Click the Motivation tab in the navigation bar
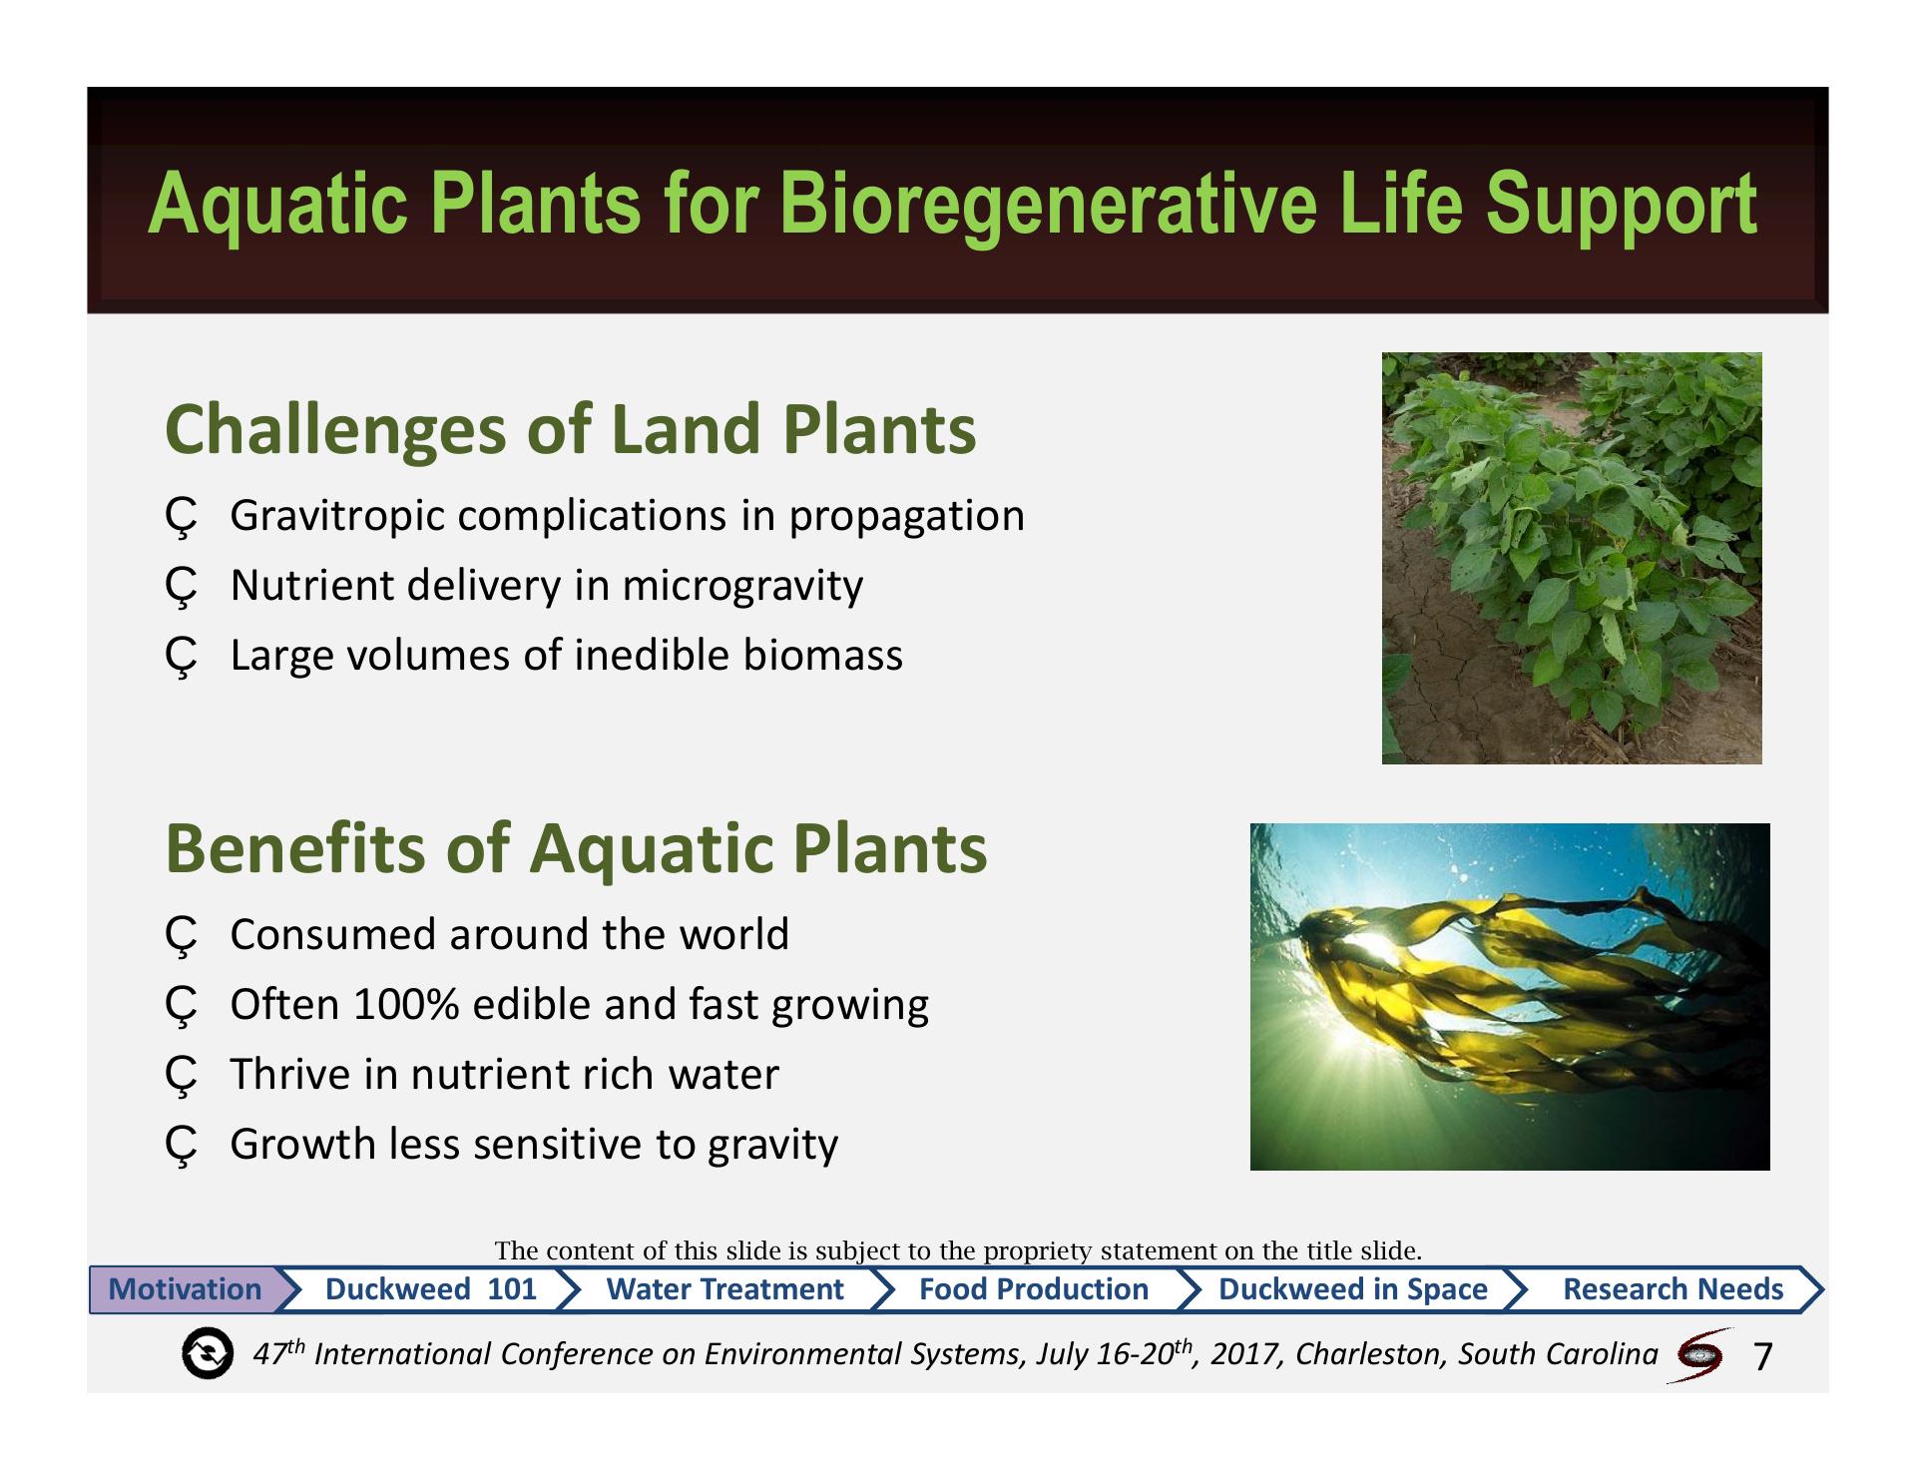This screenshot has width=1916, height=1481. point(186,1288)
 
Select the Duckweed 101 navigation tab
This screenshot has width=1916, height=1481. point(430,1288)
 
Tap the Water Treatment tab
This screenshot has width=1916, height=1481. point(724,1288)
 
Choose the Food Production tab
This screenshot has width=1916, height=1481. point(1033,1288)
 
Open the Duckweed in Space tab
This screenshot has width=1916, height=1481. point(1352,1288)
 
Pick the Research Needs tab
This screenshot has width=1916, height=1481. point(1673,1288)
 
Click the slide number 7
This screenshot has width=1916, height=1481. point(1762,1356)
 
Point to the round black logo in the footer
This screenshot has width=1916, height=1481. point(208,1354)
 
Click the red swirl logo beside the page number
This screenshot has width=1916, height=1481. point(1699,1354)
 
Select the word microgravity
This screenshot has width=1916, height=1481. point(742,587)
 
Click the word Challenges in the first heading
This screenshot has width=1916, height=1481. point(335,430)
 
